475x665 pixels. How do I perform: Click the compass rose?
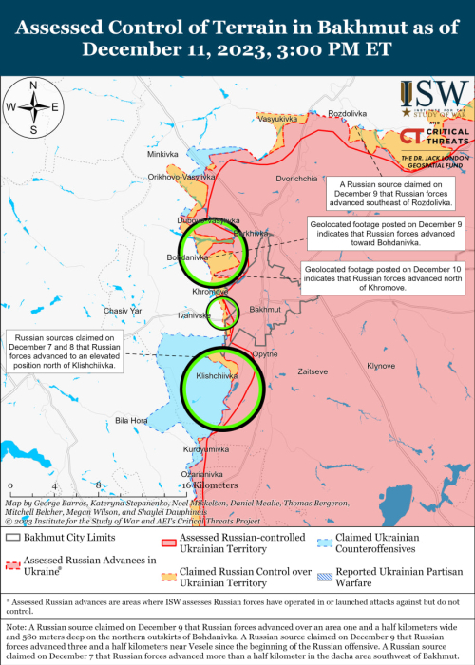point(33,108)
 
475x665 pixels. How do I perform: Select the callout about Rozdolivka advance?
point(391,194)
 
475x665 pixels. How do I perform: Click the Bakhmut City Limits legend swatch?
point(14,538)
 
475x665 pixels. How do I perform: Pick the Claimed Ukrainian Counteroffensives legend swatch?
point(325,538)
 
